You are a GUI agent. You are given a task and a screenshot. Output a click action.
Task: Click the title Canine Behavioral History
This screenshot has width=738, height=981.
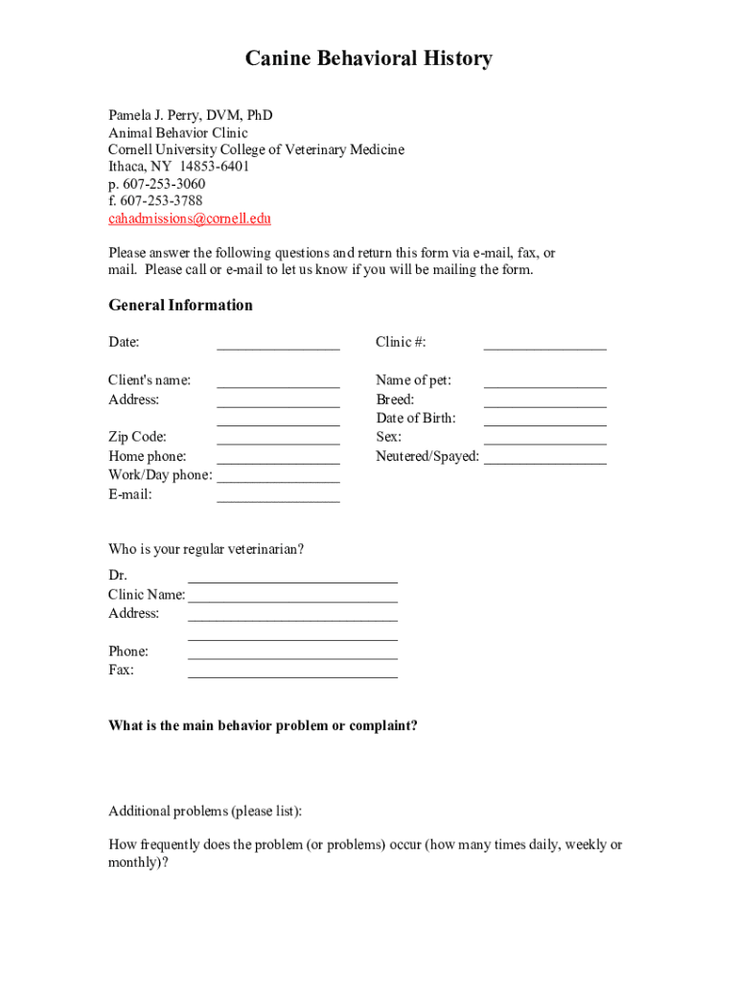(368, 59)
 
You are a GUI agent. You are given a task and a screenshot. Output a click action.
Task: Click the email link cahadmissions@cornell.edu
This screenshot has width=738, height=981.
(190, 218)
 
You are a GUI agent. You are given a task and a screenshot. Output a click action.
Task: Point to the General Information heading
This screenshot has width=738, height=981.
(180, 306)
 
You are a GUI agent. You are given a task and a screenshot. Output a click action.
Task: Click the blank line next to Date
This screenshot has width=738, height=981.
(278, 343)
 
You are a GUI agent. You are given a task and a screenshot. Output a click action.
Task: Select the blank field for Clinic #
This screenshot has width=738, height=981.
(544, 343)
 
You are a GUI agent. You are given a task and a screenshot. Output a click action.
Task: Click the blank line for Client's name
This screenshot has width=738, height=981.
(278, 381)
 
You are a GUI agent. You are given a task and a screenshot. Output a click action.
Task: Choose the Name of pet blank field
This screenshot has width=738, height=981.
(544, 381)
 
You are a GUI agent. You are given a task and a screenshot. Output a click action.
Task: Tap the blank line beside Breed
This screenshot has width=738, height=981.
(544, 400)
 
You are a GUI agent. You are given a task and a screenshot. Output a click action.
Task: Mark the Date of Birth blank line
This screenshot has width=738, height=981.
(544, 420)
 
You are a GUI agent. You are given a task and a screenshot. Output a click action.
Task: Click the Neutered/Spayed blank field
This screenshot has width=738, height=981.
(544, 458)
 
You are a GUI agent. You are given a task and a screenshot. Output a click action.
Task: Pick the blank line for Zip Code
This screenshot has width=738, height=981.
(278, 439)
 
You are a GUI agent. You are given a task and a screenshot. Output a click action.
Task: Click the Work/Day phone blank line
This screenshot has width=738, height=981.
(278, 477)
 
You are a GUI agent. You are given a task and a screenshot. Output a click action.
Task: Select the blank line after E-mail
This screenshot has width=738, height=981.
(278, 496)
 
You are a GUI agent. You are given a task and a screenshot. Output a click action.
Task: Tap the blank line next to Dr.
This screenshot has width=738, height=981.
(292, 577)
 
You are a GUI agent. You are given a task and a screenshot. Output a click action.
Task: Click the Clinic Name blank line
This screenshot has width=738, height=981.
(292, 596)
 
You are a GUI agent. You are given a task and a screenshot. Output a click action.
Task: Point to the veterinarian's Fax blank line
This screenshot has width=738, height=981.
(292, 672)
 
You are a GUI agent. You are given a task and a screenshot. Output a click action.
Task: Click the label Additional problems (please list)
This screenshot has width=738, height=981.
(205, 811)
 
